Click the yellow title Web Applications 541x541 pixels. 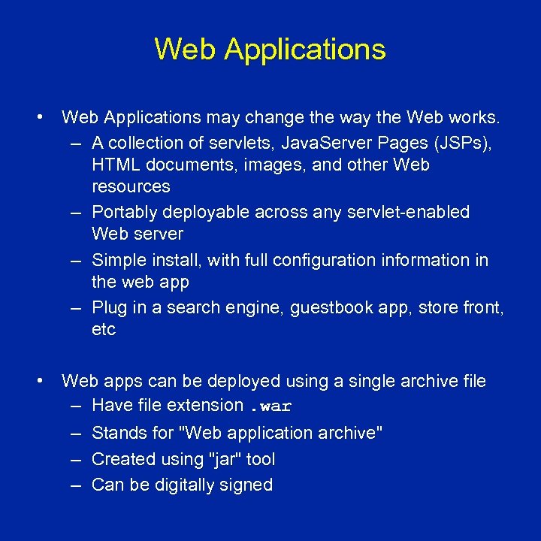click(x=270, y=50)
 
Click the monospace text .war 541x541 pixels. click(x=270, y=407)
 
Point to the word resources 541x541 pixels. click(x=131, y=186)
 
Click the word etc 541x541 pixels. click(x=104, y=329)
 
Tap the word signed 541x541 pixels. click(x=249, y=485)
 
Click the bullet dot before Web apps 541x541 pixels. click(x=38, y=381)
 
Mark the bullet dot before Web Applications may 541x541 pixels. click(x=38, y=117)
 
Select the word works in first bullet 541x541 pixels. click(x=477, y=117)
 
